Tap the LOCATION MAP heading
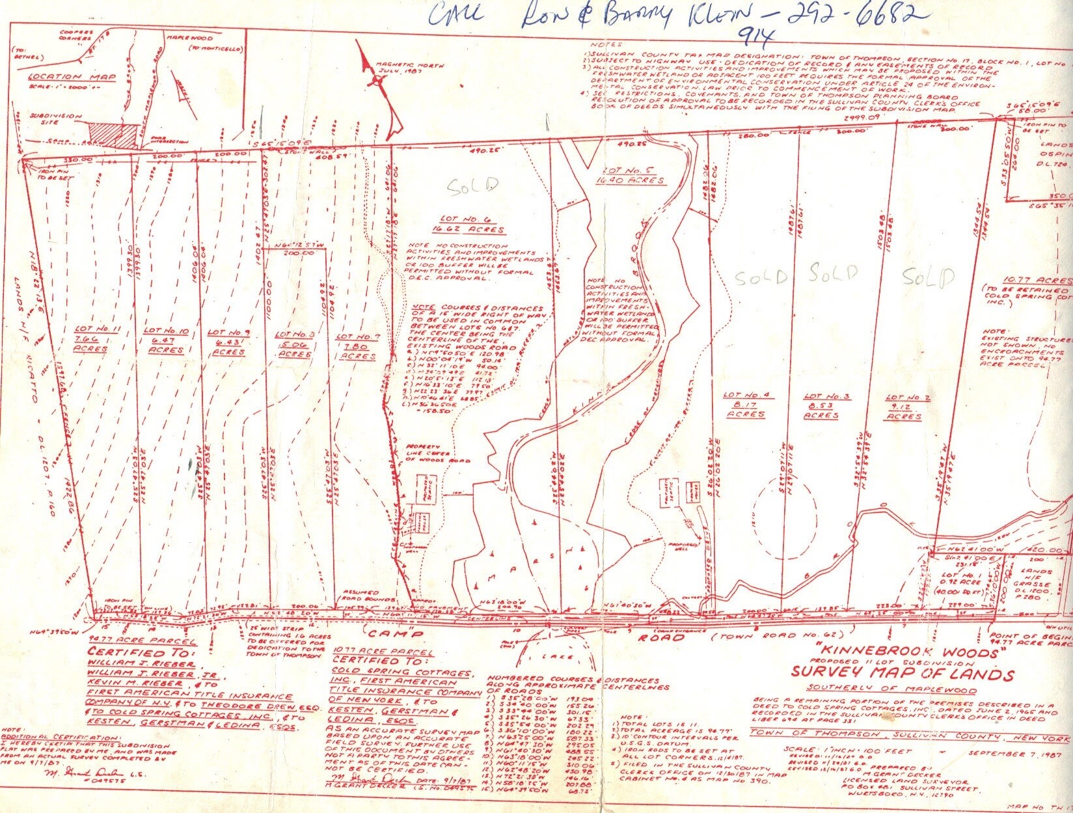72,77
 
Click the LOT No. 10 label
166,340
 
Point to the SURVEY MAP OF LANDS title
902,674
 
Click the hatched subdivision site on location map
114,131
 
